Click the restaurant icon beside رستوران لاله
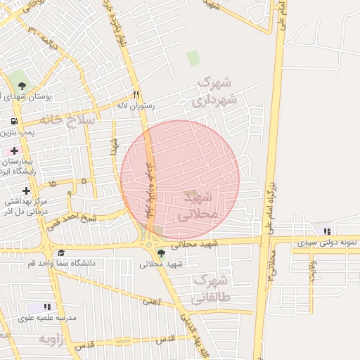coord(136,94)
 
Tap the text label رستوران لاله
coord(135,105)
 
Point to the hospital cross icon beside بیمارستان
coord(14,150)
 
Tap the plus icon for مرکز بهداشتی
coord(27,191)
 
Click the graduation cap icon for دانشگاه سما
coord(61,253)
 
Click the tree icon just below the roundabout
coord(162,253)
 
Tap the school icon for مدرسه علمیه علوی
coord(47,307)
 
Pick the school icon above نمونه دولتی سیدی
coord(327,231)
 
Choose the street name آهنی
coord(150,302)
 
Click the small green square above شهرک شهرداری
coord(193,58)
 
